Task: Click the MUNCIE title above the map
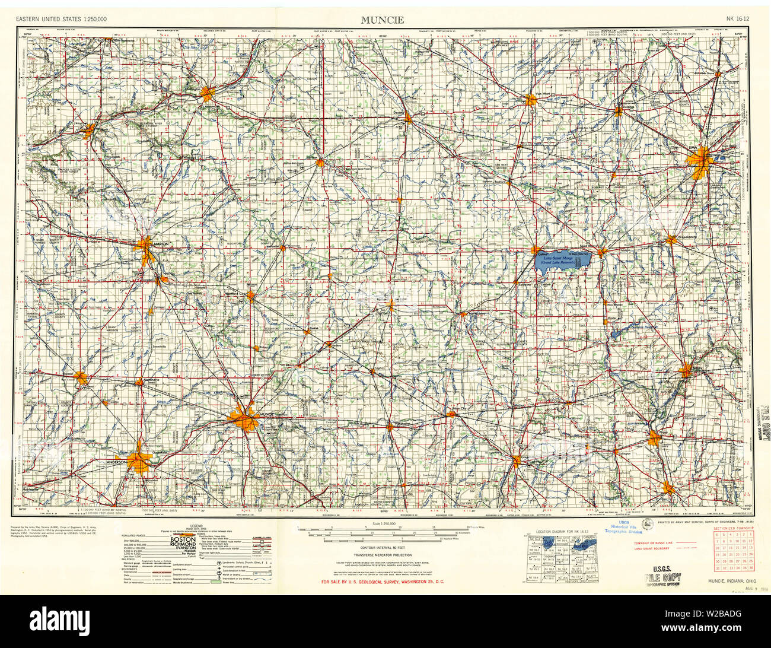tap(383, 20)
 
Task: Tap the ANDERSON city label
tap(116, 462)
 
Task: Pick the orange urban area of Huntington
tap(207, 94)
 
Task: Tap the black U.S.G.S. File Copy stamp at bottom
tap(662, 579)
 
